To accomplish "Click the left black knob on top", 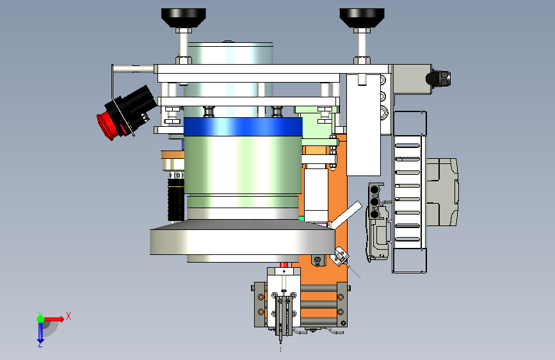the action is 183,18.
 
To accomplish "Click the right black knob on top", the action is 362,18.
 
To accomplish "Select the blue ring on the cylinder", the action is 243,126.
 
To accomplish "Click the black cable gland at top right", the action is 438,78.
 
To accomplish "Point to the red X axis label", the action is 68,316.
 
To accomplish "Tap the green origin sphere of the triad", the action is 41,319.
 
